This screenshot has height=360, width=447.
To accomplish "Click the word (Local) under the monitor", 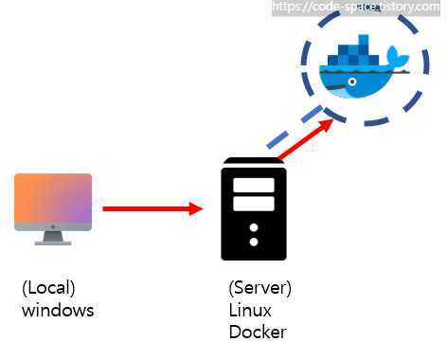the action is pyautogui.click(x=48, y=288).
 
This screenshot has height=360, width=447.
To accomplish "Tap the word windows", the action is pyautogui.click(x=58, y=310).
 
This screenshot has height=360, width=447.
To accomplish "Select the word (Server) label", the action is pyautogui.click(x=260, y=288).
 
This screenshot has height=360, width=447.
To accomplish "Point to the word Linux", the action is pyautogui.click(x=250, y=310).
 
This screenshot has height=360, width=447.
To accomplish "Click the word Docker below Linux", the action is pyautogui.click(x=258, y=332).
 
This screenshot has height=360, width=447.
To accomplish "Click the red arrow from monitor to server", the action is pyautogui.click(x=152, y=208).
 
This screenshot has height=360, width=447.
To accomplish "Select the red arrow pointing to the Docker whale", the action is pyautogui.click(x=306, y=139).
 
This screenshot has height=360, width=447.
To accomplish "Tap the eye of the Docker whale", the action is pyautogui.click(x=352, y=81).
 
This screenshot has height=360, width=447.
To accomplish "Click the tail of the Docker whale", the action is pyautogui.click(x=398, y=56).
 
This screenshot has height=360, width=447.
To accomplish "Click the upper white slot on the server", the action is pyautogui.click(x=254, y=185).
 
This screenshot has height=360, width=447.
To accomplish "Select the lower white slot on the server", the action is pyautogui.click(x=254, y=204).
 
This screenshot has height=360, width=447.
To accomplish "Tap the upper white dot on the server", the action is pyautogui.click(x=254, y=227).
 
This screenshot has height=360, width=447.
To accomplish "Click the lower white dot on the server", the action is pyautogui.click(x=254, y=242).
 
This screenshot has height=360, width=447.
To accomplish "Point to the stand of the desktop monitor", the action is pyautogui.click(x=53, y=239).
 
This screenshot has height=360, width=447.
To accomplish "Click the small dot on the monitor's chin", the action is pyautogui.click(x=53, y=226).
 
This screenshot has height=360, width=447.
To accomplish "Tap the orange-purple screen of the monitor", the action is pyautogui.click(x=53, y=198).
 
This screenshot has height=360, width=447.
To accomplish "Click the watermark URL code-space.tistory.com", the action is pyautogui.click(x=356, y=7).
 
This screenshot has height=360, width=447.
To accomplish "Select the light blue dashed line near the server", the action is pyautogui.click(x=295, y=127).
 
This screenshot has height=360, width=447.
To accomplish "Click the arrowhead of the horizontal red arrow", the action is pyautogui.click(x=196, y=208).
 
